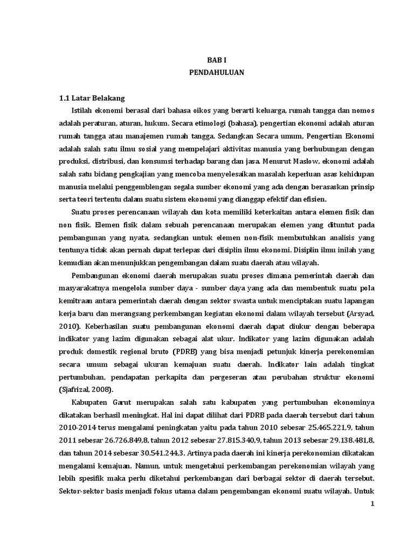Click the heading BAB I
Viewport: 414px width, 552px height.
click(216, 61)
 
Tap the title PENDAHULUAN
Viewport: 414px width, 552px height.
click(216, 73)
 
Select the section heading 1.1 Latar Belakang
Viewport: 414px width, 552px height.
click(92, 98)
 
